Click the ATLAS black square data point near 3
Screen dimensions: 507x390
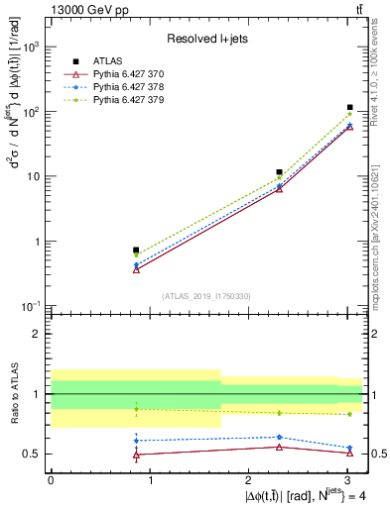350,107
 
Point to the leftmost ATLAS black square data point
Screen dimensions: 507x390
136,251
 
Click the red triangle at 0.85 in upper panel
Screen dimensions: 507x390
136,269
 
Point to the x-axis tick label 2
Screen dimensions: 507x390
248,481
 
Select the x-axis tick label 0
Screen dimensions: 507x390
51,481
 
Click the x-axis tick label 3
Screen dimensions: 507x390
346,481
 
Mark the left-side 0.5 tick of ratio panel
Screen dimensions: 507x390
37,454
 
